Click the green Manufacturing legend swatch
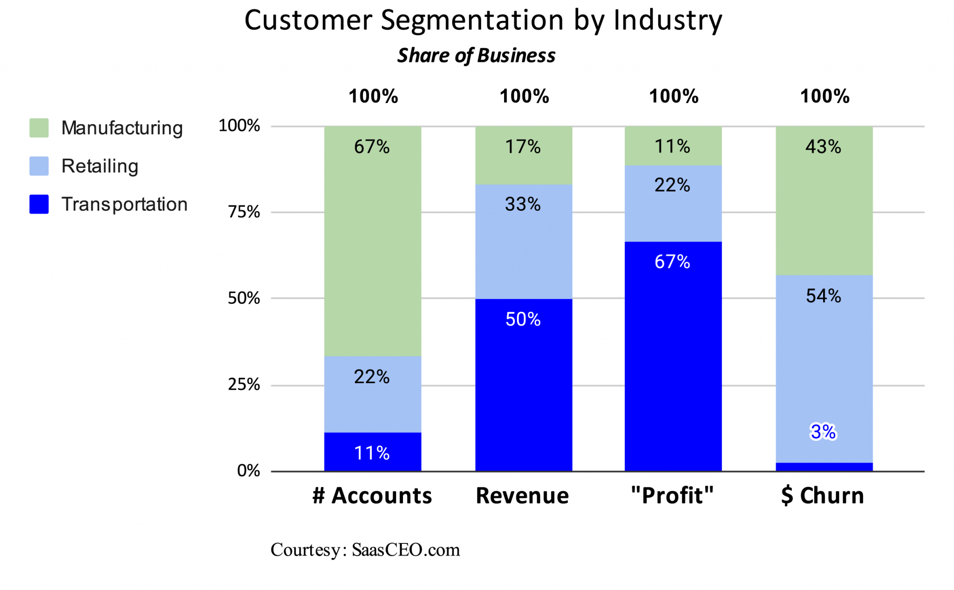39,128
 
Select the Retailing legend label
100,166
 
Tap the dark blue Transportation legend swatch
39,204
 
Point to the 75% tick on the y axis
244,212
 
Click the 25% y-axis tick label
244,384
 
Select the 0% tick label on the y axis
248,471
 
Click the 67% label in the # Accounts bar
372,147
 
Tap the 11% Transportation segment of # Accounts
373,452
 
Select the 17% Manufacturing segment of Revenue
524,155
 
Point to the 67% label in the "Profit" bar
672,262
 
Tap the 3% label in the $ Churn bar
823,432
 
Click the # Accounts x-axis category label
372,495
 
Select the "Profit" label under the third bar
672,495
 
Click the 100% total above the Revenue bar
524,96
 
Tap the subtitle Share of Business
476,55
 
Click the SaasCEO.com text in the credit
406,550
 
